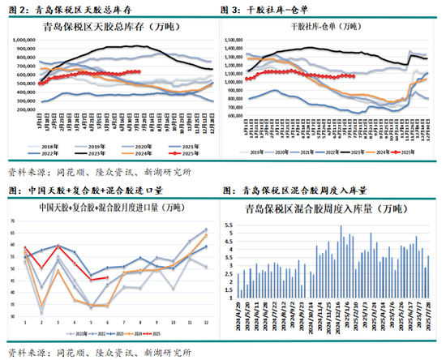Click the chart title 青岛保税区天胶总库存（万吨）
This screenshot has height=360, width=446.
[x=115, y=27]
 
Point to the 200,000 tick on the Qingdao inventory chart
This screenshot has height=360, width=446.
[x=25, y=109]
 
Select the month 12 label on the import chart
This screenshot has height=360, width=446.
[x=206, y=322]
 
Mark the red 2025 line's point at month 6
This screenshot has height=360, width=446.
[x=108, y=277]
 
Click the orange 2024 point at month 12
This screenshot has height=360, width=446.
[x=206, y=235]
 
